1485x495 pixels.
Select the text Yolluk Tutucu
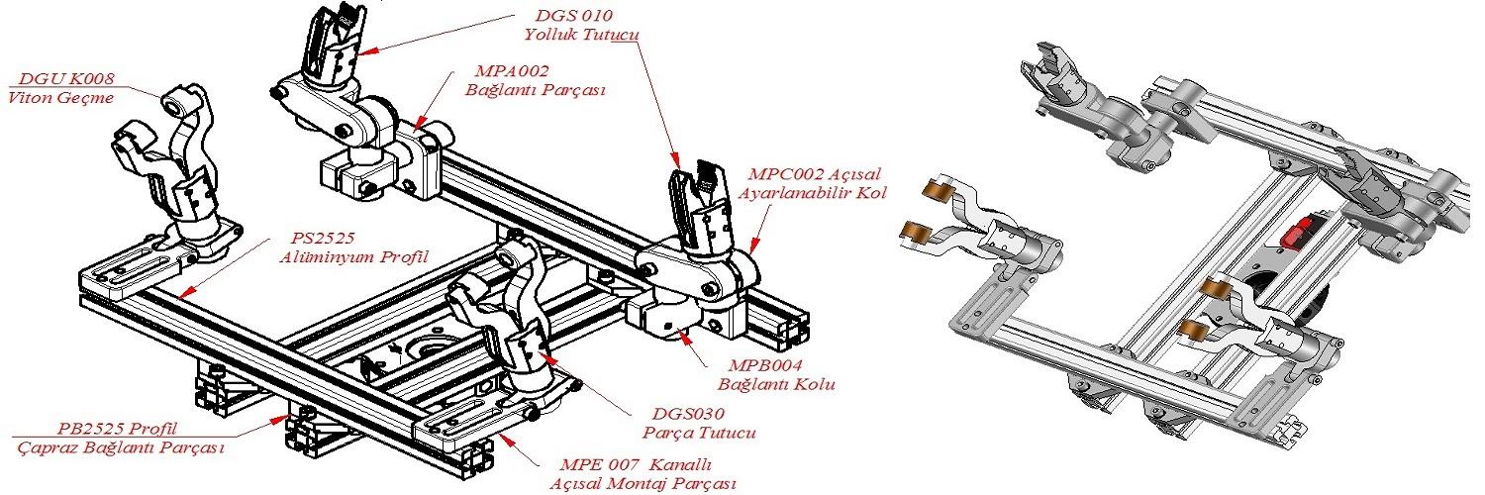[579, 35]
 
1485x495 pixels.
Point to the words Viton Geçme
[60, 97]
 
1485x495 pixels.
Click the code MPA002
[511, 71]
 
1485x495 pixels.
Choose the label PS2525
[323, 239]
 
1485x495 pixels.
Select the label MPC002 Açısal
[813, 173]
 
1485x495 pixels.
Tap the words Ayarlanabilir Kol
[813, 192]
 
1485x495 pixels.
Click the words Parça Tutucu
[685, 433]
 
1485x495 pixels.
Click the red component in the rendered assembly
[1295, 236]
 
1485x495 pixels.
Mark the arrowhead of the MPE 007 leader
[501, 434]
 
